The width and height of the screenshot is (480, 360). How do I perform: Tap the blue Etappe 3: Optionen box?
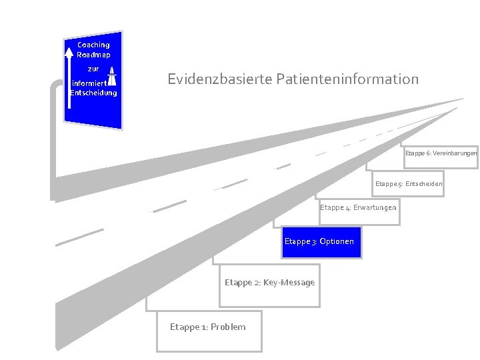(319, 241)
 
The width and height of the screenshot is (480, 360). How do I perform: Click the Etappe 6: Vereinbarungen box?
(440, 154)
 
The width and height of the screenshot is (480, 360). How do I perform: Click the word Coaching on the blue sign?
(93, 45)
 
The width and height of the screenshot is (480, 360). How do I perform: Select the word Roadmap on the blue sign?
(93, 55)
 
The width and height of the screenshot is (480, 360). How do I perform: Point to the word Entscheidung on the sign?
(93, 93)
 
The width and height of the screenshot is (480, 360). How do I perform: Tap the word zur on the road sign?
(93, 69)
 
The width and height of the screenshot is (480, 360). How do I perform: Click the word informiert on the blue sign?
(87, 83)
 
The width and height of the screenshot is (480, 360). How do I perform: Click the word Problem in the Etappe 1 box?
(228, 327)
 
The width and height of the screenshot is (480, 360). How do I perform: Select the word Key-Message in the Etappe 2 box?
(289, 283)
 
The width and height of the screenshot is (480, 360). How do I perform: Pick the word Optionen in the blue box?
(337, 241)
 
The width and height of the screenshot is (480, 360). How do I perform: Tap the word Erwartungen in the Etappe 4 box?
(375, 207)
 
